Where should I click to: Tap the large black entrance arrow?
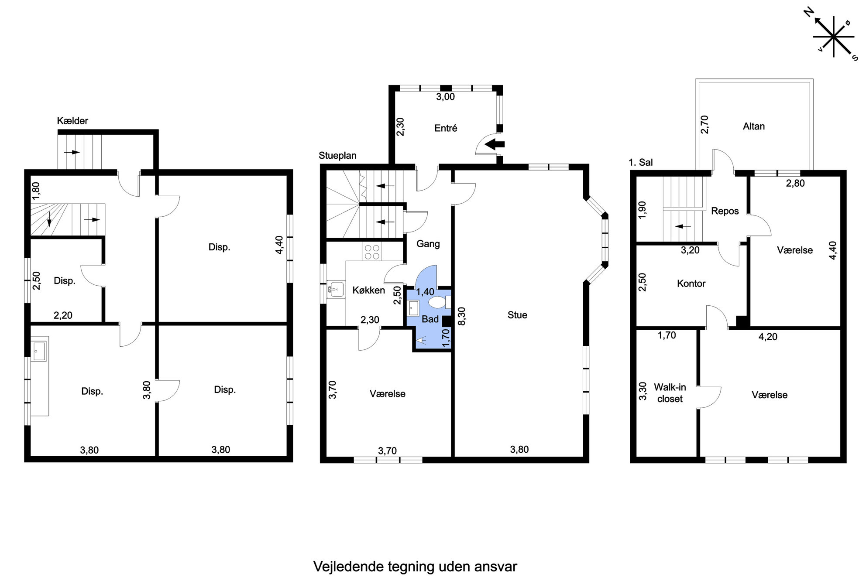pos(495,143)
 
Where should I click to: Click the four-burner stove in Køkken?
pos(371,252)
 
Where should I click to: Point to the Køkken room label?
pos(369,290)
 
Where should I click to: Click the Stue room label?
pos(517,315)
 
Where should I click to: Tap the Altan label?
pos(754,126)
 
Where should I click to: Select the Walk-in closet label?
pos(670,393)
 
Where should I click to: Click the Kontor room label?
pos(691,283)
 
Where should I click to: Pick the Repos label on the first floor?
pos(725,211)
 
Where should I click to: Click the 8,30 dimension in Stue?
pos(462,316)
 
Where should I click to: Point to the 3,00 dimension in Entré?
pos(446,97)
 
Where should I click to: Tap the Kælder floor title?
pos(72,121)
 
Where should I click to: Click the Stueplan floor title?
pos(337,156)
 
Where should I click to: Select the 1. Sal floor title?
pos(641,163)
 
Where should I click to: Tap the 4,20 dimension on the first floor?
pos(768,337)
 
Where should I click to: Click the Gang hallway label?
pos(428,244)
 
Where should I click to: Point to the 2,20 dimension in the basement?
pos(63,315)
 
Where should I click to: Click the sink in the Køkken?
pos(336,289)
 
